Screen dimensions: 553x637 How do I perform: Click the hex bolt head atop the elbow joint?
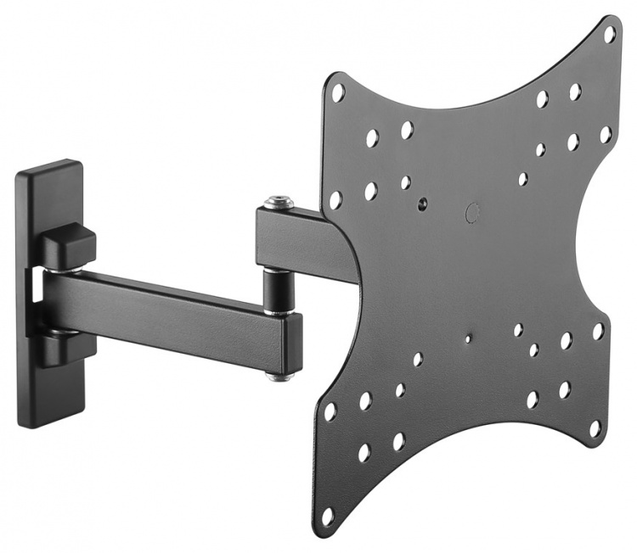click(279, 202)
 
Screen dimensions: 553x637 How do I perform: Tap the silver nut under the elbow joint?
click(278, 374)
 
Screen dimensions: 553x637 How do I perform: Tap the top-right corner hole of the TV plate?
click(609, 34)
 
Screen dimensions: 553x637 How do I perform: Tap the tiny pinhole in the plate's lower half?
click(468, 338)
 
